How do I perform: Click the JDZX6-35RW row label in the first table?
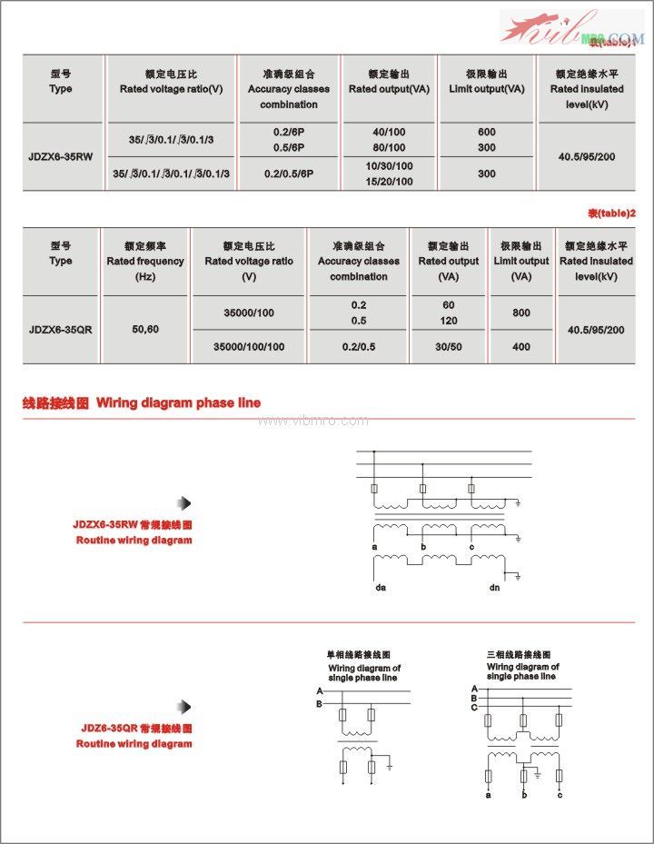(60, 156)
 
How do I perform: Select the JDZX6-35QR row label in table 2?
(60, 330)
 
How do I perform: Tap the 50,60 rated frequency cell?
(145, 329)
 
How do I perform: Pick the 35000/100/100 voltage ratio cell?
(249, 347)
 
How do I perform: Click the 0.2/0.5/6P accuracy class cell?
(288, 174)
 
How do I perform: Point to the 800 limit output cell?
(520, 313)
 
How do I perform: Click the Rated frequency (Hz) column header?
(145, 261)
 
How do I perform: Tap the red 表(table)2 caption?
(610, 213)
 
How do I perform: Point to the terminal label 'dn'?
(494, 588)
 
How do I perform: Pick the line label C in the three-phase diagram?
(473, 706)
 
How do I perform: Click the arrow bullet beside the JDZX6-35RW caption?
(184, 503)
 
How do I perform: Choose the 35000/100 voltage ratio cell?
(249, 313)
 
